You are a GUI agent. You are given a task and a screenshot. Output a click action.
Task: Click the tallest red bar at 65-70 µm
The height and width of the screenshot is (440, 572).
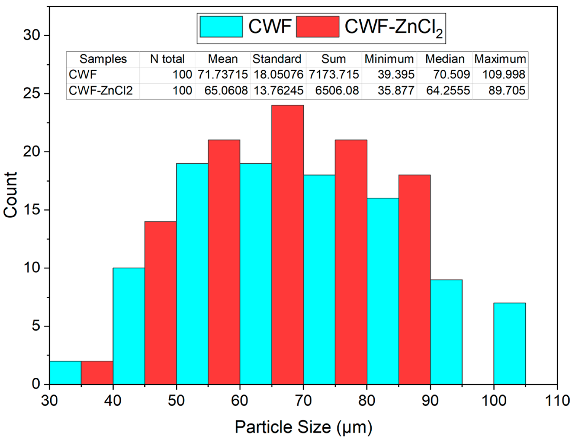coord(287,245)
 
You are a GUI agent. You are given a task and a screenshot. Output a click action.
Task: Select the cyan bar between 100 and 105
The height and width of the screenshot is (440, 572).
coord(509,344)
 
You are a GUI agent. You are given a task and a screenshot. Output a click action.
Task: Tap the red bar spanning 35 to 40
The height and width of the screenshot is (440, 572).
coord(97,373)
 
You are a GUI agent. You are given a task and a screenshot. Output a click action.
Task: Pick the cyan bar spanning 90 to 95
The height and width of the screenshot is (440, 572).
coord(446,332)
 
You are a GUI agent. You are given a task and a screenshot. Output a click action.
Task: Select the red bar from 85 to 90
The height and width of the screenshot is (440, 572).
coord(414,280)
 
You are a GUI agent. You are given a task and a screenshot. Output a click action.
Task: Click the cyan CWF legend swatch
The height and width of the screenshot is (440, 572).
coord(221,27)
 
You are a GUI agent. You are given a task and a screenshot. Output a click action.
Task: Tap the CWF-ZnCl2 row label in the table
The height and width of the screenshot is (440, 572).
coord(101,91)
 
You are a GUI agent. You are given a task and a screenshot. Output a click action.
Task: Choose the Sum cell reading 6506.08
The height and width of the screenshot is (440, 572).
coord(337,91)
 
